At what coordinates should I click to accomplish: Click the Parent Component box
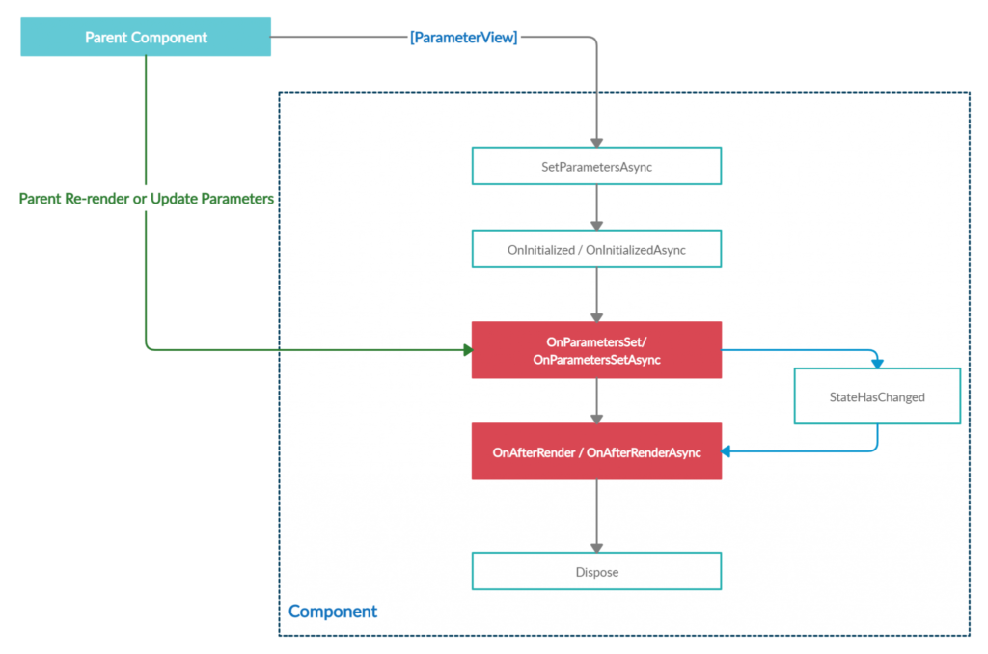pyautogui.click(x=146, y=38)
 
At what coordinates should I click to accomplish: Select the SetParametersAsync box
pyautogui.click(x=596, y=166)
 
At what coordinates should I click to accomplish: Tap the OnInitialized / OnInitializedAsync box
pyautogui.click(x=596, y=249)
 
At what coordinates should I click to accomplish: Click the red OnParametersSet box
pyautogui.click(x=596, y=350)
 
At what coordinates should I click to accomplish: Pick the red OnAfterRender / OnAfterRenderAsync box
pyautogui.click(x=596, y=451)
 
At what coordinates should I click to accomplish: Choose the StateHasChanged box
pyautogui.click(x=877, y=396)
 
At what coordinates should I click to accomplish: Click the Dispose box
pyautogui.click(x=596, y=571)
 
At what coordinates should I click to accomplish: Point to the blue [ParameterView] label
pyautogui.click(x=464, y=38)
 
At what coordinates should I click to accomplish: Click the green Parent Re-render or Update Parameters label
pyautogui.click(x=148, y=198)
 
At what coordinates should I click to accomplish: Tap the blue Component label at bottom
pyautogui.click(x=333, y=612)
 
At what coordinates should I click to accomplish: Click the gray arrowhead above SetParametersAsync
pyautogui.click(x=596, y=141)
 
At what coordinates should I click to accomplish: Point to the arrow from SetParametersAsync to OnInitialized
pyautogui.click(x=596, y=206)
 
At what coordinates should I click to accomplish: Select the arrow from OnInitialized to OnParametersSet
pyautogui.click(x=596, y=294)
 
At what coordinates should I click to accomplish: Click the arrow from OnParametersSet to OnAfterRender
pyautogui.click(x=596, y=400)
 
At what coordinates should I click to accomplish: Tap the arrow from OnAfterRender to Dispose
pyautogui.click(x=596, y=515)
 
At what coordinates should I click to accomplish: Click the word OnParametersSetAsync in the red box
pyautogui.click(x=596, y=360)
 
